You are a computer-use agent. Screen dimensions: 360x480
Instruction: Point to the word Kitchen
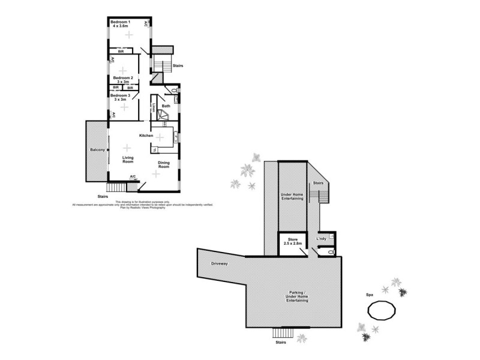tap(147, 136)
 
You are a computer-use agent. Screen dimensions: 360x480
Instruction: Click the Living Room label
tap(127, 159)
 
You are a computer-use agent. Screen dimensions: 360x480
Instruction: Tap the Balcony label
tap(97, 149)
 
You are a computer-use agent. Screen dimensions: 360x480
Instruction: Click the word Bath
tap(166, 106)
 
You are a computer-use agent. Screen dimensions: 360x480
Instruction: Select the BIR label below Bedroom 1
tap(121, 51)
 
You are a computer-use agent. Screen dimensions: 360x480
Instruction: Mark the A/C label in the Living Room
tap(133, 176)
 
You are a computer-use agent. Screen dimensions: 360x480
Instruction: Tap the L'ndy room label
tap(321, 239)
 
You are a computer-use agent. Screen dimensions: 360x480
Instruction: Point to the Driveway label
tap(220, 263)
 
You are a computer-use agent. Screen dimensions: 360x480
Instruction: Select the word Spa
tap(370, 295)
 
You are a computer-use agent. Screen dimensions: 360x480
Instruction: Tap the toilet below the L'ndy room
tap(331, 253)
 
